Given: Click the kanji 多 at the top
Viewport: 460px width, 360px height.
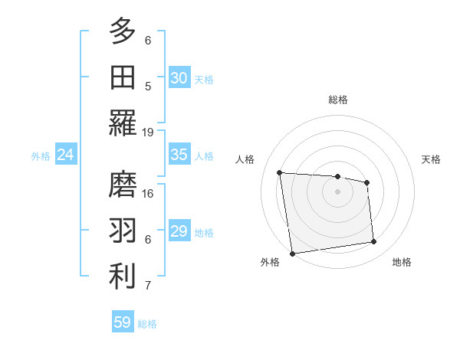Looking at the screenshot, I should pos(123,31).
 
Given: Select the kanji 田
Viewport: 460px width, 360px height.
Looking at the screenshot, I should pos(123,77).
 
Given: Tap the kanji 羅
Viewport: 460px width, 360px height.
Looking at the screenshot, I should pos(123,123).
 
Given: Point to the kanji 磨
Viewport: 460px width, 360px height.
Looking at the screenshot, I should pos(123,185).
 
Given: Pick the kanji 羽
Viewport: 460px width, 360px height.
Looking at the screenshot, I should pos(123,231).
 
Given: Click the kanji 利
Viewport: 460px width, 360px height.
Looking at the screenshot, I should pos(123,277).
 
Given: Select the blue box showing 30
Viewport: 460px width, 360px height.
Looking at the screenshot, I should pos(179,78).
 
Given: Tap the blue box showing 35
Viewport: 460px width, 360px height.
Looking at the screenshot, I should pos(179,155).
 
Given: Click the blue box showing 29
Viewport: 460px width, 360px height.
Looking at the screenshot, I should pos(179,231).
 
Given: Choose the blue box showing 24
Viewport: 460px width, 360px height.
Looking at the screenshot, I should pos(66,155).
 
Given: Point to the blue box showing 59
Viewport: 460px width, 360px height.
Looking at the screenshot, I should pos(123,322).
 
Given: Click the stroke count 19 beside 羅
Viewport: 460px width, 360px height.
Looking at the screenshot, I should pos(148,132).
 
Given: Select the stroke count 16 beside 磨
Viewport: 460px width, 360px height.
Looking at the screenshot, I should pos(148,193).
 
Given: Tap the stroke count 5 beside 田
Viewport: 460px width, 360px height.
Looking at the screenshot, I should pos(148,86).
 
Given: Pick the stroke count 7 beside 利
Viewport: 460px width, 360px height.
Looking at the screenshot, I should pos(148,286).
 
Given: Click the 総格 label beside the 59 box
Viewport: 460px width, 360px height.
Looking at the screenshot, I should pos(147,324).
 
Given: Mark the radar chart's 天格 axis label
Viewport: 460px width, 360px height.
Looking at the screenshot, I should pos(431,159).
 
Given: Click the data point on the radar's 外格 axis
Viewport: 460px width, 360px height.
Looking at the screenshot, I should pos(292,254).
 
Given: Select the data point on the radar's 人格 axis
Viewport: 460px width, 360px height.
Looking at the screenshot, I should pos(279,172).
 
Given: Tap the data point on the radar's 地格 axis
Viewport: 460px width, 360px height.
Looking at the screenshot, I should pos(374,242).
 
